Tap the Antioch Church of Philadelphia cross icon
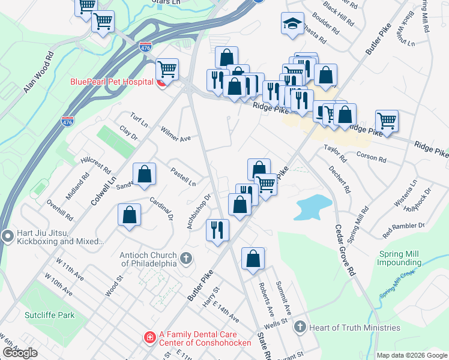click(186, 259)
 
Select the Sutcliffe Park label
click(49, 314)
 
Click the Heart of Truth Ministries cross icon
click(301, 327)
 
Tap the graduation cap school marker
click(292, 23)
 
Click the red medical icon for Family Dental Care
click(149, 339)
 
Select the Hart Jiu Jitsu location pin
click(7, 236)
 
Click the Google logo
click(20, 353)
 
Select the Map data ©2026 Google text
click(412, 355)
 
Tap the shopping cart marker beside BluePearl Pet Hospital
click(167, 69)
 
